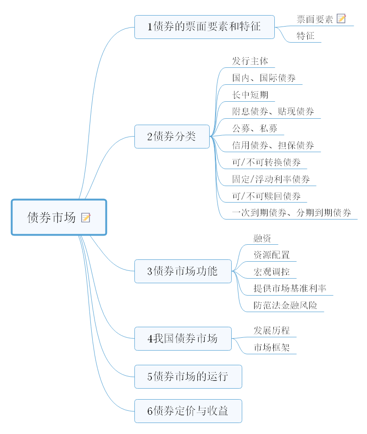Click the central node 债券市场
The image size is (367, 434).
[x=51, y=217]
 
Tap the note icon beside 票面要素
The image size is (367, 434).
[x=341, y=19]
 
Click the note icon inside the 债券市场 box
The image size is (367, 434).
[x=86, y=217]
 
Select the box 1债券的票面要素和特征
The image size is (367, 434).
[x=204, y=27]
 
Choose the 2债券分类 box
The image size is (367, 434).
[x=172, y=136]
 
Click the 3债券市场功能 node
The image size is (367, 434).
[x=183, y=271]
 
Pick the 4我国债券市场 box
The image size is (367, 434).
[x=183, y=339]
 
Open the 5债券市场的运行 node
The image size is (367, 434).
[x=188, y=377]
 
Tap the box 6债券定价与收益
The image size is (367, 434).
[x=188, y=411]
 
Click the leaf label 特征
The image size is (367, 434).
[x=306, y=36]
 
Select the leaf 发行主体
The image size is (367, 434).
[x=250, y=61]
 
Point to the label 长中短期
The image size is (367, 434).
[x=250, y=95]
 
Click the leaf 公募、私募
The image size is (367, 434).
[x=255, y=129]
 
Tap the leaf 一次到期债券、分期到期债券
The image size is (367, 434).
[x=291, y=213]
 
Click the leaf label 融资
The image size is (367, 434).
[x=262, y=238]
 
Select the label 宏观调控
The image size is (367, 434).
[x=272, y=272]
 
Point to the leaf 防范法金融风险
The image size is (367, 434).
[x=285, y=305]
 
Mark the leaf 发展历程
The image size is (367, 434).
[x=272, y=330]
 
